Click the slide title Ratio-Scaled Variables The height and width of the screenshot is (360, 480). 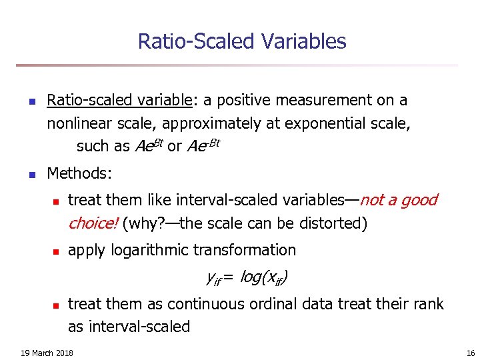click(241, 41)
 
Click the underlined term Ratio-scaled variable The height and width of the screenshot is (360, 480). click(119, 101)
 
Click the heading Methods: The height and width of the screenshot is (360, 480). click(79, 174)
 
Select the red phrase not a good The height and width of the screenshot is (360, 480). click(399, 200)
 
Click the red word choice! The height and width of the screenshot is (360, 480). click(93, 223)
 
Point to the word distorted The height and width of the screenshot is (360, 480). click(331, 223)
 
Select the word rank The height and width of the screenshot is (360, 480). click(428, 304)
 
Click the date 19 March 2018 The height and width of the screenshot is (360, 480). click(47, 352)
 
